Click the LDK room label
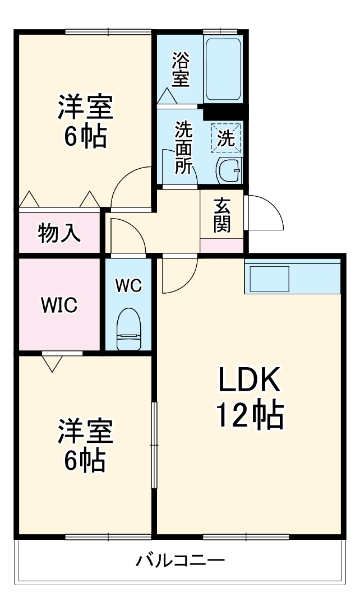pos(248,382)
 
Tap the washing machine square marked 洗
pos(227,138)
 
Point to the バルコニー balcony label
pos(180,560)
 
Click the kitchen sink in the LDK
pos(270,277)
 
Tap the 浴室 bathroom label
pos(180,70)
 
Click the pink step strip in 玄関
pos(222,245)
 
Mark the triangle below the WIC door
pos(52,363)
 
